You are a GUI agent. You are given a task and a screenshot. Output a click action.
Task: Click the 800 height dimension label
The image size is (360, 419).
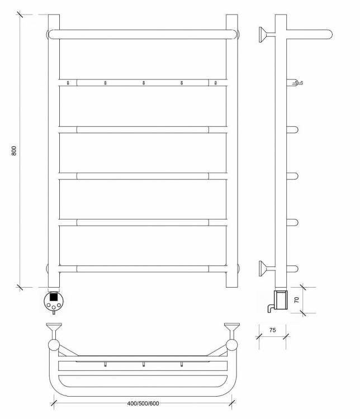14,151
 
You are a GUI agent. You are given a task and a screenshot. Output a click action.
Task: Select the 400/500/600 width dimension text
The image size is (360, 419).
143,403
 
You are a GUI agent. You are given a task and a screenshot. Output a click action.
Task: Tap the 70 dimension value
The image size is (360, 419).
296,300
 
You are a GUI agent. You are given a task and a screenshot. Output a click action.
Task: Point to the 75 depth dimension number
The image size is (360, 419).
273,330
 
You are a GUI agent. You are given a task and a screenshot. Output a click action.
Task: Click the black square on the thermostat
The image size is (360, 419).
54,297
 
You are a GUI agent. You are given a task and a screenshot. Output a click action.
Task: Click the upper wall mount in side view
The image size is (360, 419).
267,34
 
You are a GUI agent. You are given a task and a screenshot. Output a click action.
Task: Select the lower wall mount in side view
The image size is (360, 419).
267,268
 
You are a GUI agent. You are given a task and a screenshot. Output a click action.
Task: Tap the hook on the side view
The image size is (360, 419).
297,83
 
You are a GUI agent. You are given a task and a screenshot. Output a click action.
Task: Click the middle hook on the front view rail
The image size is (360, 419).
143,83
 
